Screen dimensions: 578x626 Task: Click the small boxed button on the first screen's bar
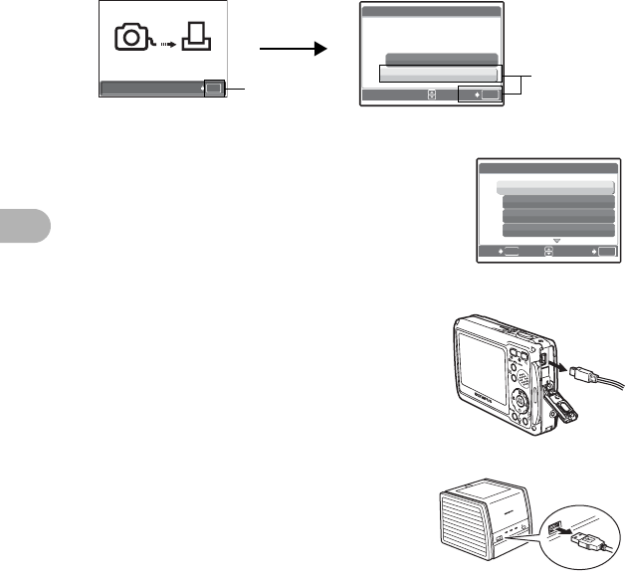216,89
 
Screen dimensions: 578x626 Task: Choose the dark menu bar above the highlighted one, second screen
440,59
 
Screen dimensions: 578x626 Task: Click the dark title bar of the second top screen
430,12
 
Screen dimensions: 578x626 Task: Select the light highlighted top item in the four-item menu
555,187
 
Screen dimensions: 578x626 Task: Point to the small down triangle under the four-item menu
557,242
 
